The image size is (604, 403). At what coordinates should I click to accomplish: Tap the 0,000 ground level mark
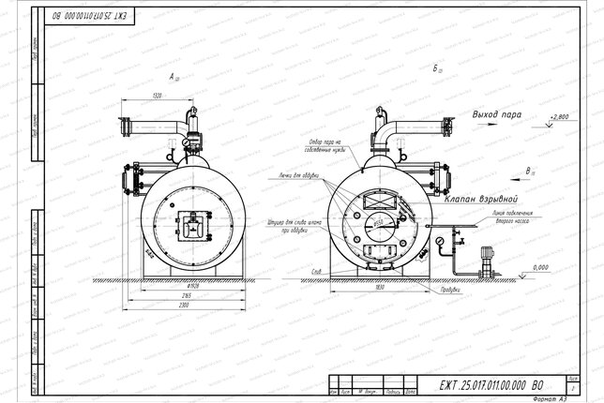tap(537, 267)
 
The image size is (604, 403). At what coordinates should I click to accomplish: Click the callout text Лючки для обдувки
tap(299, 175)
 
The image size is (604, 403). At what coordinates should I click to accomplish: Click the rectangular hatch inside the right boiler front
tap(378, 200)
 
